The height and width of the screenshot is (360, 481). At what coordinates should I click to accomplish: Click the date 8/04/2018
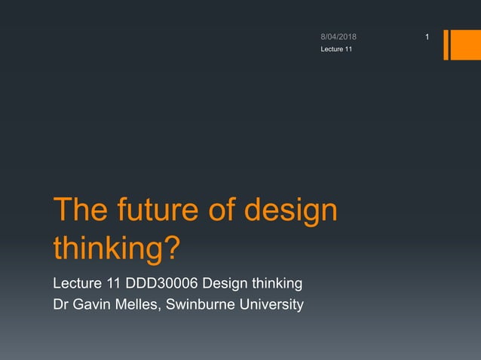[x=339, y=37]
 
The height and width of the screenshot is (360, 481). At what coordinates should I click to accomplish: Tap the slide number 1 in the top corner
[x=427, y=37]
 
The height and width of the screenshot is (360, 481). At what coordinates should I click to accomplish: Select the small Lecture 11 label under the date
[x=335, y=49]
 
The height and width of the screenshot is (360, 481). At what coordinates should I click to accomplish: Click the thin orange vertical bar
[x=446, y=44]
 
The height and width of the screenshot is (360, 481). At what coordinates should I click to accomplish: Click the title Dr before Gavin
[x=60, y=305]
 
